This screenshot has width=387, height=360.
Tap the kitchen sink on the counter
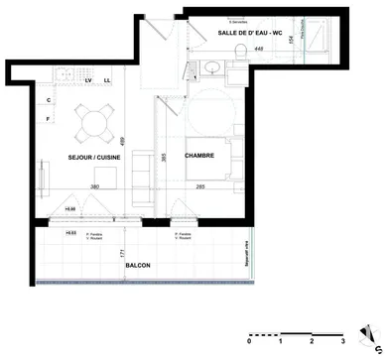coord(62,73)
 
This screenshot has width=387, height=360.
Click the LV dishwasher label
coord(91,82)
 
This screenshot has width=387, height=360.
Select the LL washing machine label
coord(107,82)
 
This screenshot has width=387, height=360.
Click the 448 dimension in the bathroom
coord(258,48)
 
